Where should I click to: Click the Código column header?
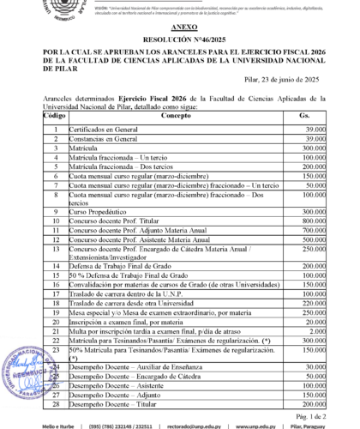click(x=54, y=115)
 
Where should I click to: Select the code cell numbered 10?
click(x=54, y=221)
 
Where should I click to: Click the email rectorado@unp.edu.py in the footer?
click(x=212, y=425)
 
